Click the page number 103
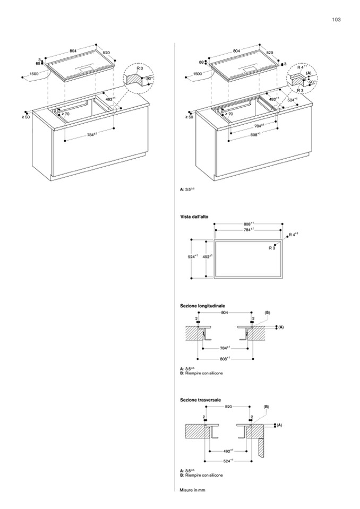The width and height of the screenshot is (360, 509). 335,20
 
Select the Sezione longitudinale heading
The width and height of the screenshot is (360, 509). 203,306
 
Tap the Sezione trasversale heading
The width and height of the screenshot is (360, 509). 201,399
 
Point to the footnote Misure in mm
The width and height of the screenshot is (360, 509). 193,490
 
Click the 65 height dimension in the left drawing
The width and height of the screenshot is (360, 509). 38,63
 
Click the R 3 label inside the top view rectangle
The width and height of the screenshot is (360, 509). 271,248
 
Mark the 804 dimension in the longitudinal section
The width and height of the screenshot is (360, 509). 225,313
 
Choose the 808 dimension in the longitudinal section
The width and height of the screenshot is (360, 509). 225,358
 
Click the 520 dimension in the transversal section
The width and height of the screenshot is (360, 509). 228,407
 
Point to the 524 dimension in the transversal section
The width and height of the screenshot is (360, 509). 228,460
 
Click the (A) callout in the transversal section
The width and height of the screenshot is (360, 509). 279,425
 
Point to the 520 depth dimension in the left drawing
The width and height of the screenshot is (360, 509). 106,53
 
